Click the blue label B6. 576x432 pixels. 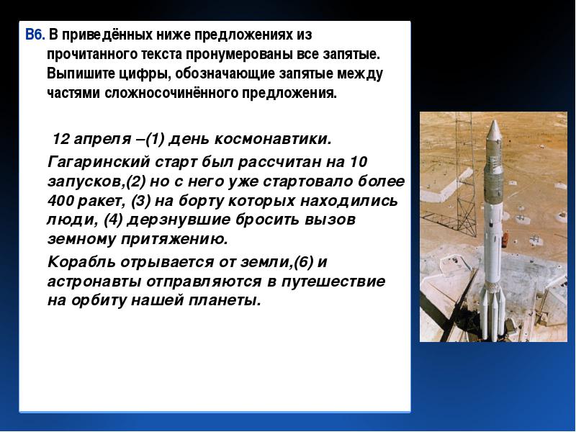point(35,35)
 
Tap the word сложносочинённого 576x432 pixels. point(171,93)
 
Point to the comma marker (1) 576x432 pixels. point(155,139)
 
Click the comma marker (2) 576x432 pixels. point(136,181)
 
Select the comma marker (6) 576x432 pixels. point(304,262)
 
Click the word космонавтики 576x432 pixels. point(273,139)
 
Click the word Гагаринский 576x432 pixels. point(99,162)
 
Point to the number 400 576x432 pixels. point(60,201)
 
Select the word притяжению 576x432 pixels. point(174,239)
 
